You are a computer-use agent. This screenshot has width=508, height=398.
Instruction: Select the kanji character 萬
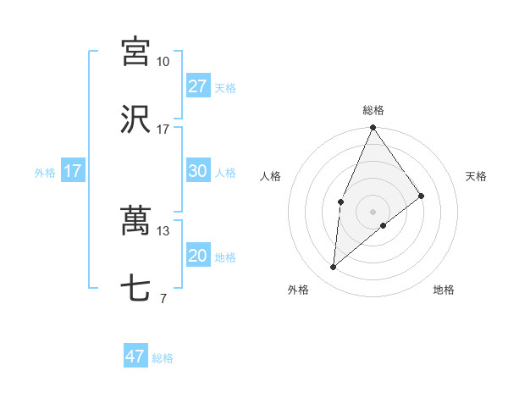coord(135,222)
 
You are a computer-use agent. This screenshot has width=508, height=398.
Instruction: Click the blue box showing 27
coord(197,86)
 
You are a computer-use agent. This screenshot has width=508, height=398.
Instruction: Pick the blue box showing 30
coord(197,171)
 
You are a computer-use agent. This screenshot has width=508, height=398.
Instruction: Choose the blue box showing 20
coord(197,256)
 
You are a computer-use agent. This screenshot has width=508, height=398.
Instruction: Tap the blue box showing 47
coord(135,357)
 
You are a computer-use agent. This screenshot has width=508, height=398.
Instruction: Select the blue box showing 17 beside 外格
coord(73,171)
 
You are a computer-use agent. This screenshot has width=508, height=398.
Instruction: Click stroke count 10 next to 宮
coord(163,62)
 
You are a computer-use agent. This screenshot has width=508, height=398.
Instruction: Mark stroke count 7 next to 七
coord(163,299)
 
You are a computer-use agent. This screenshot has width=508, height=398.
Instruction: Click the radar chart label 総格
coord(373,110)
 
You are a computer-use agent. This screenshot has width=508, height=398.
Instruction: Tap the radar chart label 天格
coord(476,176)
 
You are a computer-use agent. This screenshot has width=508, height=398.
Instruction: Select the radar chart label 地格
coord(444,290)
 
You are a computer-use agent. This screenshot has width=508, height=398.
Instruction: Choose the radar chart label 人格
coord(270,176)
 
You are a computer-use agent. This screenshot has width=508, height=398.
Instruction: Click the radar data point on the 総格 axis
coord(373,128)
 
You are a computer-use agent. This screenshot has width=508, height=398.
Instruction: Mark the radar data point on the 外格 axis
coord(334,267)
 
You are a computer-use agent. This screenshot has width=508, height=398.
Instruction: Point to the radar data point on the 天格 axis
coord(422,196)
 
